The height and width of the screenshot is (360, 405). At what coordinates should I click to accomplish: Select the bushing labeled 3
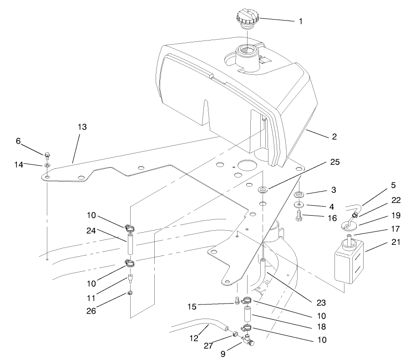299,195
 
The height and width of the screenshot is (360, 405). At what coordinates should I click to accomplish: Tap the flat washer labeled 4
299,204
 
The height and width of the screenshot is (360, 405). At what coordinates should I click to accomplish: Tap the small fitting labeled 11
130,278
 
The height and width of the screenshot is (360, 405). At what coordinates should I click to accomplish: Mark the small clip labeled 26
130,293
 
